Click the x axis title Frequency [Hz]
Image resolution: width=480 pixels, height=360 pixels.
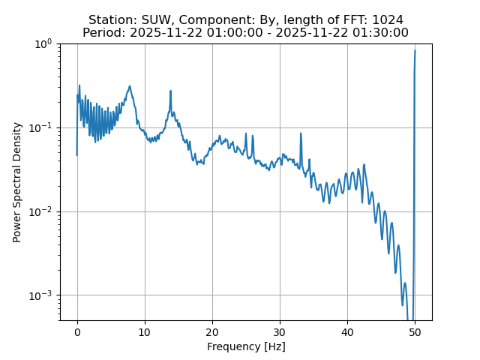(x=246, y=346)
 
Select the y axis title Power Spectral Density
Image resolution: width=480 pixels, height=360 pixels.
(x=17, y=182)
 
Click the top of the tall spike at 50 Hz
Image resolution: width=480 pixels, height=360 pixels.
(x=415, y=51)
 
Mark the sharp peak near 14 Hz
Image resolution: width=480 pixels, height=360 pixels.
(x=171, y=91)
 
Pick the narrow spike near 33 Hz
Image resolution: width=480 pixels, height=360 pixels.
(x=301, y=134)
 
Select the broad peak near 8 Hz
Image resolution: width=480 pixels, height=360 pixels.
(x=130, y=86)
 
